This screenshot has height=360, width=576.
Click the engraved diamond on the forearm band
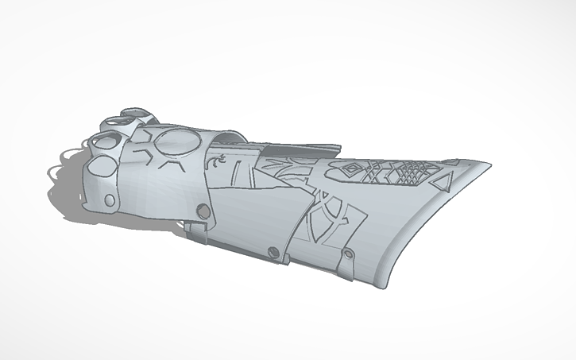pyautogui.click(x=350, y=169)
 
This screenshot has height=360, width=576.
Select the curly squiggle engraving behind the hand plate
pyautogui.click(x=215, y=163)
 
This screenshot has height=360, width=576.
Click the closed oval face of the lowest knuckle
pyautogui.click(x=101, y=168)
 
